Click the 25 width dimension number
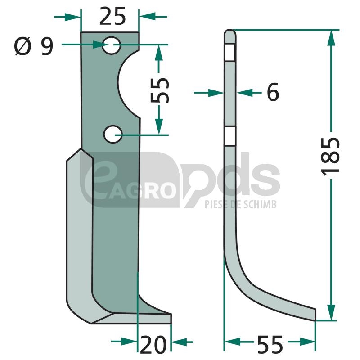coord(112,16)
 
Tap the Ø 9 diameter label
coord(34,47)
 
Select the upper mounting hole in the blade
coord(111,45)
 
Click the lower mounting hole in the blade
coord(113,134)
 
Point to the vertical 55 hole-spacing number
coord(160,90)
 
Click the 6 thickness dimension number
coord(273,92)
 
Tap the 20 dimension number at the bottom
coord(153,345)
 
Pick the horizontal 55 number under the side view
coord(270,345)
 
